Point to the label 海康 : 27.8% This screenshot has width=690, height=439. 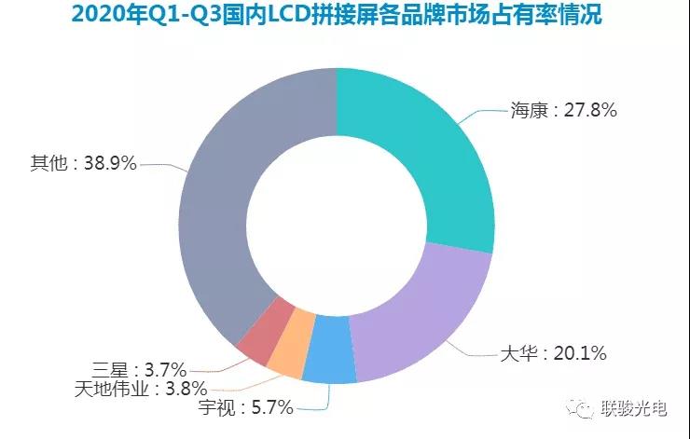pyautogui.click(x=563, y=109)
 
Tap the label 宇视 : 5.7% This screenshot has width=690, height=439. pyautogui.click(x=246, y=407)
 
